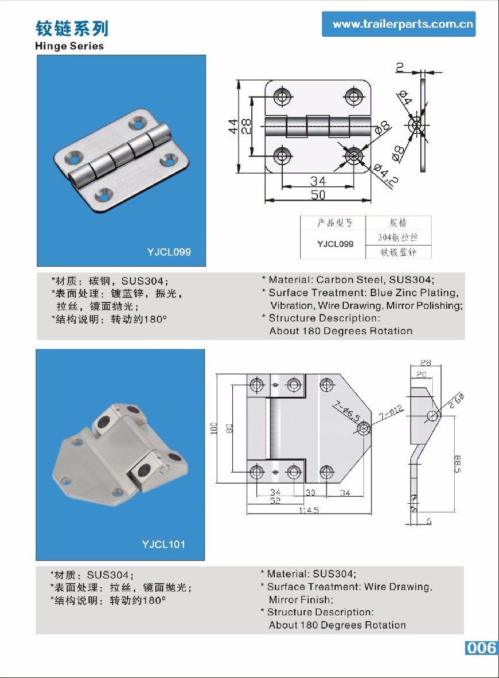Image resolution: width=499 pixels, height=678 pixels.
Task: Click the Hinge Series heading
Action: pyautogui.click(x=70, y=46)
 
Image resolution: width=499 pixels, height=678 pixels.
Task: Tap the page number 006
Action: pyautogui.click(x=481, y=648)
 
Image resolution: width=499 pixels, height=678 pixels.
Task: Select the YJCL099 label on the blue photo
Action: pyautogui.click(x=169, y=252)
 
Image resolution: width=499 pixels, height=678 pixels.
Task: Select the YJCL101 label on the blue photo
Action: pyautogui.click(x=164, y=544)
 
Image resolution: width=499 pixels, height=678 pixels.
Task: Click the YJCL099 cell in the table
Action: pyautogui.click(x=335, y=244)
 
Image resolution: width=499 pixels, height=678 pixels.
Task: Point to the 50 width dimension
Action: pyautogui.click(x=318, y=195)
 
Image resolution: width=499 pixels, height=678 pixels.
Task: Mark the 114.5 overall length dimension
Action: pyautogui.click(x=309, y=511)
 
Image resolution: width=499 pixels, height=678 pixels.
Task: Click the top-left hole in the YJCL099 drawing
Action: pyautogui.click(x=282, y=96)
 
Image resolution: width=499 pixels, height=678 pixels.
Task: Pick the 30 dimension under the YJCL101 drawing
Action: pyautogui.click(x=310, y=493)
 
